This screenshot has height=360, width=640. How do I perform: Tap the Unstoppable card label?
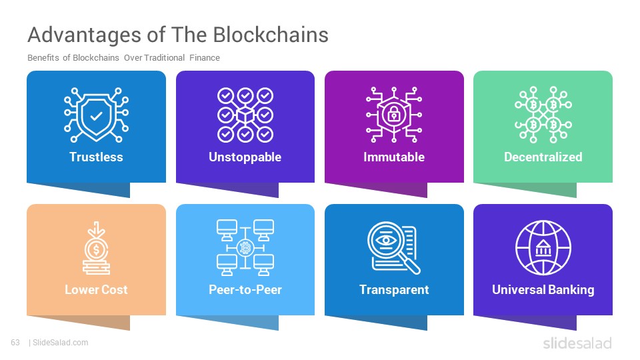[x=245, y=157]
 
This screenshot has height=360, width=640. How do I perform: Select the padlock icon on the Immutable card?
[x=394, y=114]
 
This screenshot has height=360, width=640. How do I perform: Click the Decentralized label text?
[x=543, y=157]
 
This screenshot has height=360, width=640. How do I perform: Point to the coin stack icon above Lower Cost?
[x=96, y=248]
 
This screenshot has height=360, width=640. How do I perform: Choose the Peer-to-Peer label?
[x=245, y=289]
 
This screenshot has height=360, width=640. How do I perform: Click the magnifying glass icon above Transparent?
[x=394, y=248]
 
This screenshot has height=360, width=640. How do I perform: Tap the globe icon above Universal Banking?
[x=543, y=248]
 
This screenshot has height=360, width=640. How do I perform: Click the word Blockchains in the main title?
[x=271, y=35]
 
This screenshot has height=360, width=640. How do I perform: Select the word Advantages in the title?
[x=85, y=35]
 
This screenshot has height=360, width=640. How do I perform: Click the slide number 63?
[x=15, y=343]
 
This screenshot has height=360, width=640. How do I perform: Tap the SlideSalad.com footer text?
[x=61, y=343]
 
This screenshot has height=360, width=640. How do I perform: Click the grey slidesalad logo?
[x=577, y=343]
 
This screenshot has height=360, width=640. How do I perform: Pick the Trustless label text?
[x=96, y=157]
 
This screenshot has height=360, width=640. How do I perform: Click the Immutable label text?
[x=394, y=157]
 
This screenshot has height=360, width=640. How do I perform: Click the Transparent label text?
[x=394, y=290]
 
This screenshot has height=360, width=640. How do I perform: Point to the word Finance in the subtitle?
[x=205, y=58]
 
